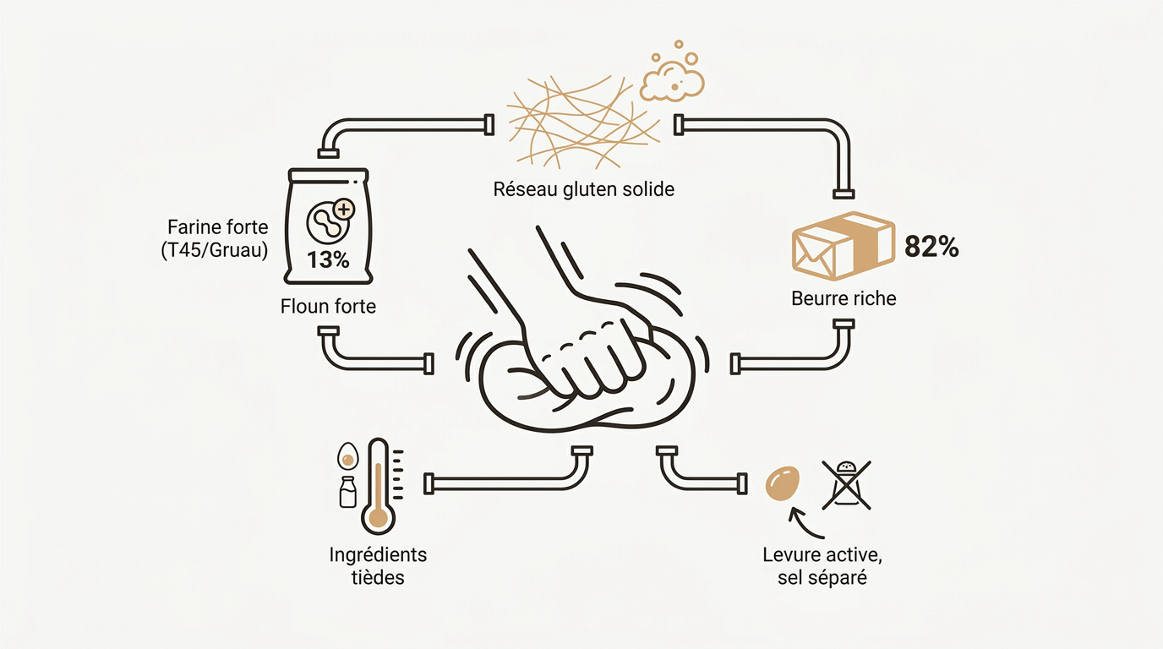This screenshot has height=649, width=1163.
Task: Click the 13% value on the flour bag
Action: point(328,259)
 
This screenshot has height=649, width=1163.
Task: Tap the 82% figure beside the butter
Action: point(931,247)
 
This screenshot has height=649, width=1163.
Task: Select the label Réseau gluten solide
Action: point(583,189)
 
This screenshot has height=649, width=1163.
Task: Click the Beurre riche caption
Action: point(844,298)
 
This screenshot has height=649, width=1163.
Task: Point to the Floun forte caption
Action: point(328,306)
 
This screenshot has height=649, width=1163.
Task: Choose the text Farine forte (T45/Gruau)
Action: point(215,238)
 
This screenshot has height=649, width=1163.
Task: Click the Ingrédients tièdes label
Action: point(378,566)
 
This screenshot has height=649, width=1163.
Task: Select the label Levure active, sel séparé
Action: point(822,566)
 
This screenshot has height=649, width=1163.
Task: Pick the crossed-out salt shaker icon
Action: point(846,485)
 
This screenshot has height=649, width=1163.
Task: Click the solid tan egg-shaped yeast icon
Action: point(783,483)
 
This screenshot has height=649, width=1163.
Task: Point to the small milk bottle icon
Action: point(348,492)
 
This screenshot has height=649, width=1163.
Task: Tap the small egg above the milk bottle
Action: point(347,455)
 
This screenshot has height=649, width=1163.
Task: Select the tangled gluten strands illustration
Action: point(583,122)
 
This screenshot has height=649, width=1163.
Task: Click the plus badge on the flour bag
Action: point(343,210)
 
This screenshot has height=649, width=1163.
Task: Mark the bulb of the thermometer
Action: point(379,517)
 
